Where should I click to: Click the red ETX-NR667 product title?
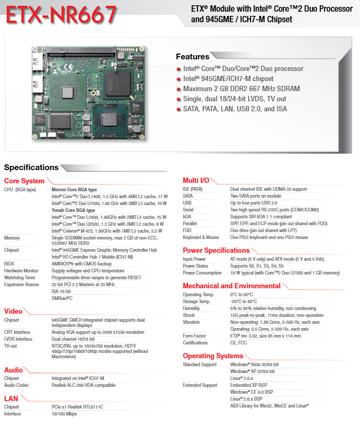pyautogui.click(x=61, y=15)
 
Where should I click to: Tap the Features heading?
pyautogui.click(x=193, y=56)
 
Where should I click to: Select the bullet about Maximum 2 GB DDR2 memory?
pyautogui.click(x=241, y=88)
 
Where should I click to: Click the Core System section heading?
pyautogui.click(x=24, y=181)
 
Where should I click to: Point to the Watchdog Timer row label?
pyautogui.click(x=20, y=278)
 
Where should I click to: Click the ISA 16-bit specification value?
pyautogui.click(x=61, y=291)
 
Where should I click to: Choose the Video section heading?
pyautogui.click(x=13, y=311)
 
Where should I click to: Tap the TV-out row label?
pyautogui.click(x=11, y=346)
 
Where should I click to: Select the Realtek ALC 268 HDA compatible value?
pyautogui.click(x=84, y=385)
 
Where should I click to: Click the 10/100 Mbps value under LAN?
pyautogui.click(x=64, y=414)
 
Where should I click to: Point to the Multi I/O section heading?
pyautogui.click(x=196, y=180)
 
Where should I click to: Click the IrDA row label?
pyautogui.click(x=187, y=217)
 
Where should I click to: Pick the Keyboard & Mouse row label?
pyautogui.click(x=201, y=237)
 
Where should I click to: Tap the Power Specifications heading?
pyautogui.click(x=216, y=250)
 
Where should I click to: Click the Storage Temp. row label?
pyautogui.click(x=196, y=302)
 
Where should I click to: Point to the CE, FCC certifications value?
pyautogui.click(x=238, y=343)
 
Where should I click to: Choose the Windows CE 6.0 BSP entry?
pyautogui.click(x=251, y=392)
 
